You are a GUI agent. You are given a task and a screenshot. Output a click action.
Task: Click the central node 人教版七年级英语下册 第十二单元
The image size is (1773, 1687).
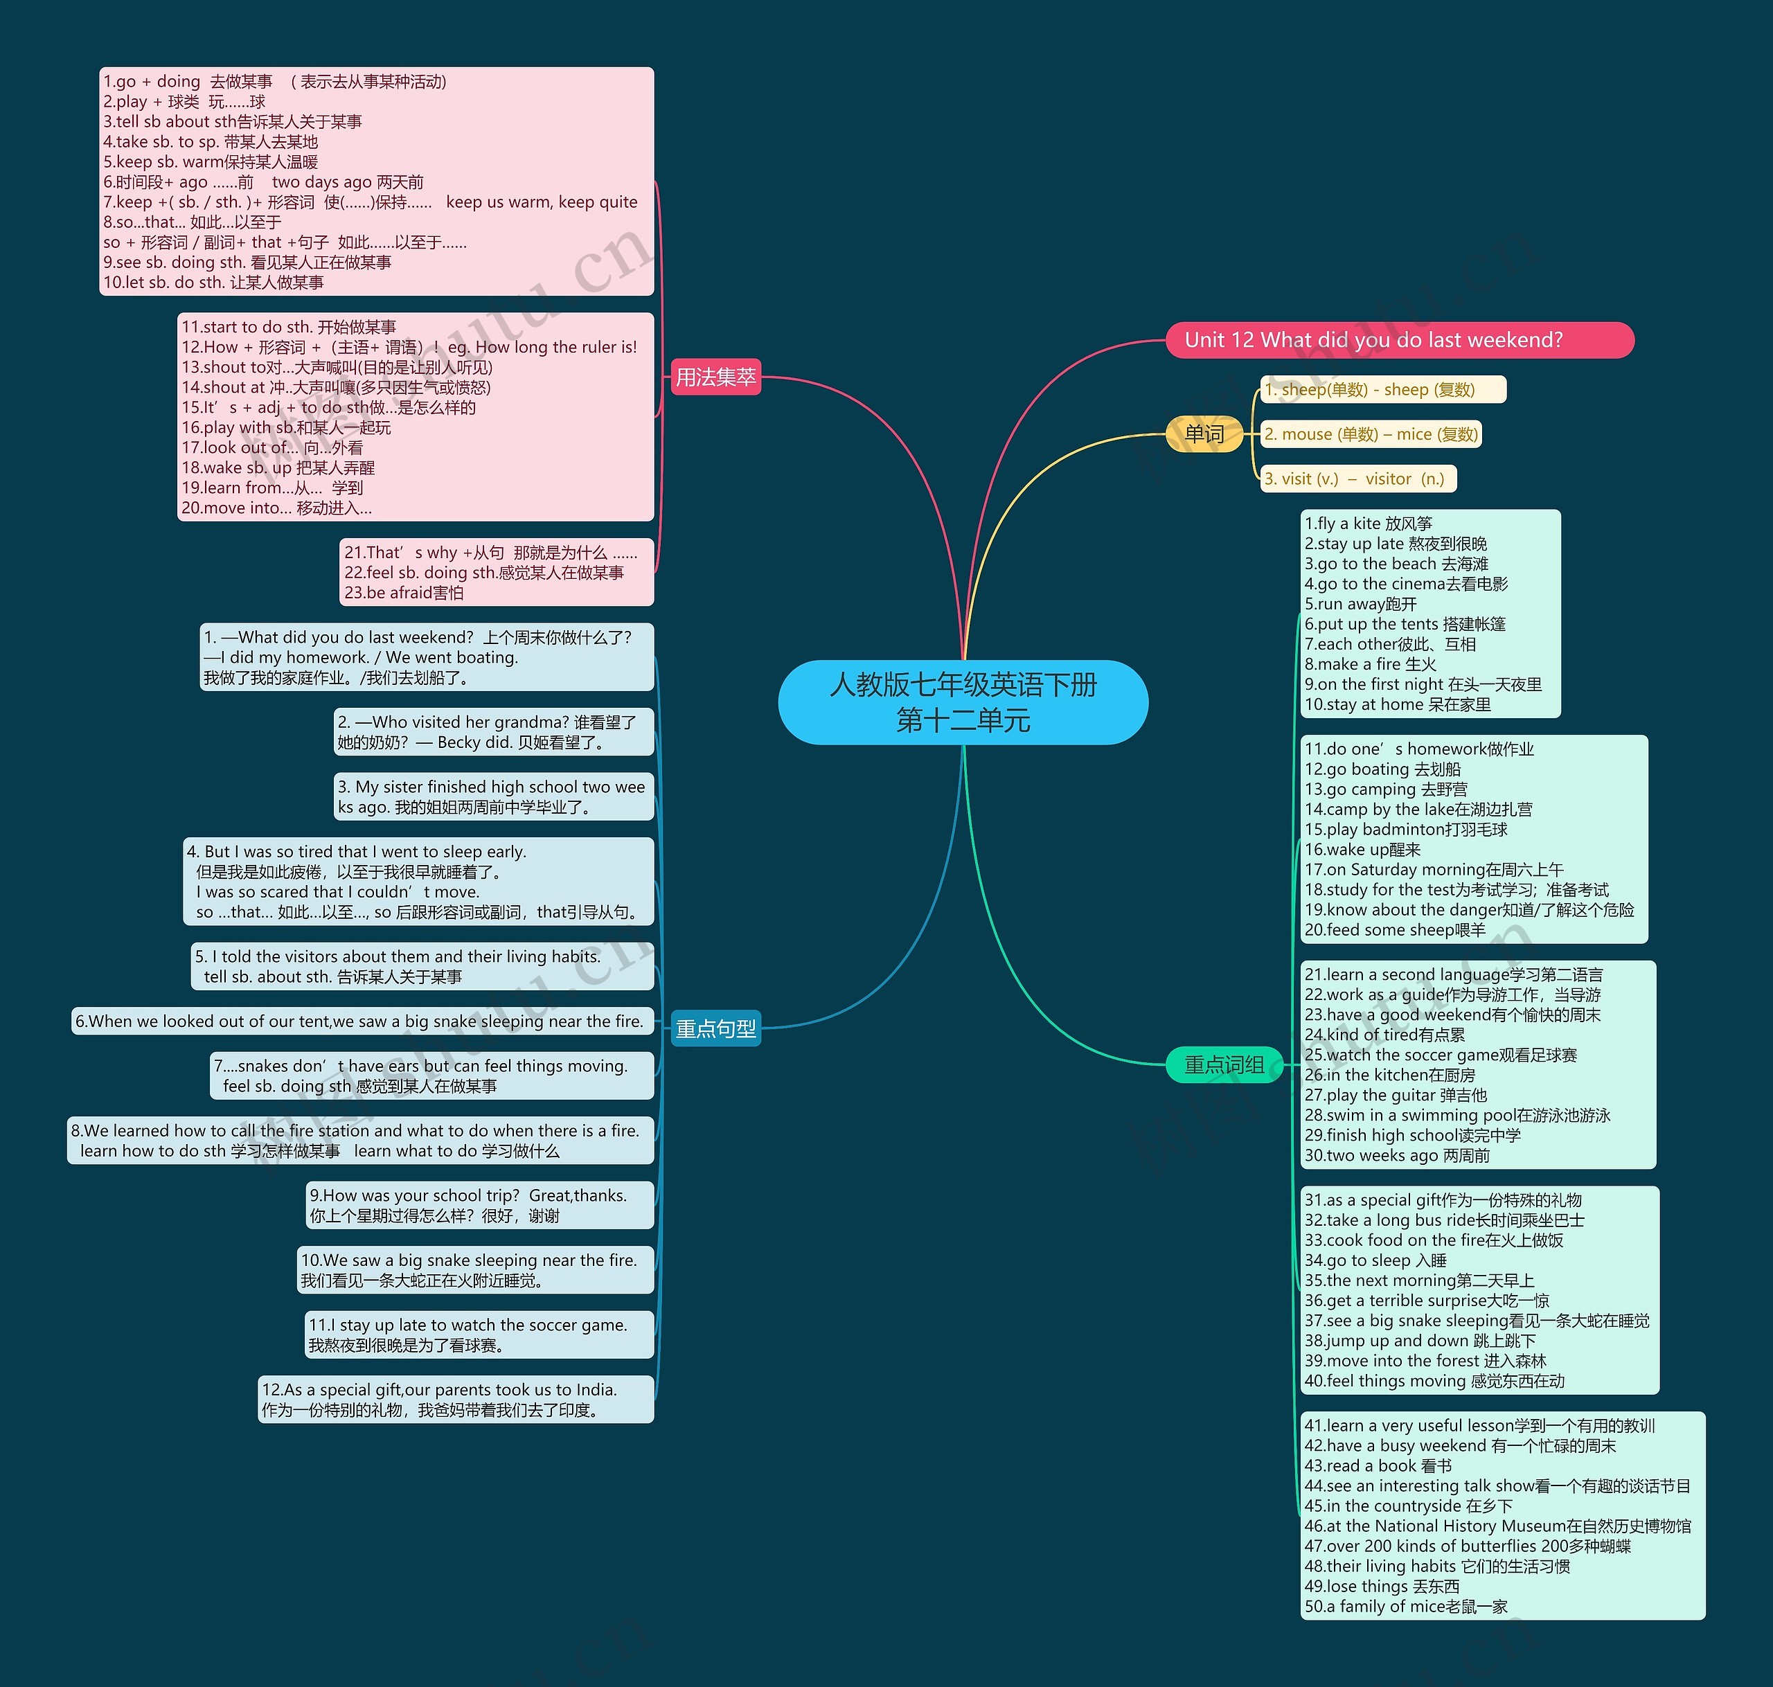pyautogui.click(x=963, y=702)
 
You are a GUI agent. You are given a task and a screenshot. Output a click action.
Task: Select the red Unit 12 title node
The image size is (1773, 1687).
pyautogui.click(x=1399, y=340)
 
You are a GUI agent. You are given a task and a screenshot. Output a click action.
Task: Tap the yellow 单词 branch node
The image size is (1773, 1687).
pyautogui.click(x=1204, y=434)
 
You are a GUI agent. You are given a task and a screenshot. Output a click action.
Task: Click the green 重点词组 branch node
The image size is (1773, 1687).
pyautogui.click(x=1224, y=1064)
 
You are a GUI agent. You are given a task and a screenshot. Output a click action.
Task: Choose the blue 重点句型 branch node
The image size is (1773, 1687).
pyautogui.click(x=715, y=1028)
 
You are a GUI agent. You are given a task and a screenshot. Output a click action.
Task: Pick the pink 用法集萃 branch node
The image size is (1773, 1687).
pyautogui.click(x=715, y=377)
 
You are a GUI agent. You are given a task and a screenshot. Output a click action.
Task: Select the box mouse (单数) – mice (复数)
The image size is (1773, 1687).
pyautogui.click(x=1370, y=434)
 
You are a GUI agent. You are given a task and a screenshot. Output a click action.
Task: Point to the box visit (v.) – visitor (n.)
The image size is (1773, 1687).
pyautogui.click(x=1357, y=479)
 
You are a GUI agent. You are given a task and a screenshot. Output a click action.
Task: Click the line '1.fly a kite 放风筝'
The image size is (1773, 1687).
pyautogui.click(x=1368, y=524)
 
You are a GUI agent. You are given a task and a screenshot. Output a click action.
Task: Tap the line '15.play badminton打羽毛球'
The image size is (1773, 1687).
pyautogui.click(x=1405, y=829)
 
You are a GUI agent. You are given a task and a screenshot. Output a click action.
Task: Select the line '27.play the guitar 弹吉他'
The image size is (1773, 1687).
pyautogui.click(x=1396, y=1096)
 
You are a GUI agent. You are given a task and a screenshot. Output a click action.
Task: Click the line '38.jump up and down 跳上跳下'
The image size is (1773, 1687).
pyautogui.click(x=1420, y=1341)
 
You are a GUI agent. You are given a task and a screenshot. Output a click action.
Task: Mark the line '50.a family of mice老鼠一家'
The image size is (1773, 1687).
pyautogui.click(x=1405, y=1607)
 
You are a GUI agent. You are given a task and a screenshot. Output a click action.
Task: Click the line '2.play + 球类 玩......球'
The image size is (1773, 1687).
pyautogui.click(x=184, y=102)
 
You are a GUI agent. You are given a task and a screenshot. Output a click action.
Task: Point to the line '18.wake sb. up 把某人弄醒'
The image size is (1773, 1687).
pyautogui.click(x=278, y=467)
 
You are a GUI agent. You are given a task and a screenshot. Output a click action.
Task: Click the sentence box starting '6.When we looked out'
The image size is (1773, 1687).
pyautogui.click(x=362, y=1021)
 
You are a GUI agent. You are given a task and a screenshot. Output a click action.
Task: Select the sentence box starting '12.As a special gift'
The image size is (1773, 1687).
pyautogui.click(x=456, y=1399)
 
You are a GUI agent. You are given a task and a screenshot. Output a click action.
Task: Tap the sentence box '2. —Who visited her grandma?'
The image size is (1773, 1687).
pyautogui.click(x=494, y=732)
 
